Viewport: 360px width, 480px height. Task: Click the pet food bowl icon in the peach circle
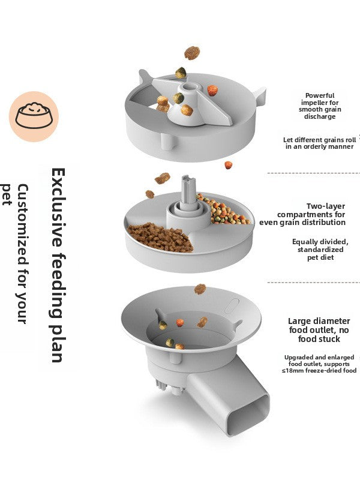[34, 116]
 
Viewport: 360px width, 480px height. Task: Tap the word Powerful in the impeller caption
[320, 95]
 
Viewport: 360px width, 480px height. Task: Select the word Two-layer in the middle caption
[326, 206]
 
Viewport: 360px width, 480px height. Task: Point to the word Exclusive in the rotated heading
[58, 207]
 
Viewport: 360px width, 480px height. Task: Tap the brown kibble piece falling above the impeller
[192, 53]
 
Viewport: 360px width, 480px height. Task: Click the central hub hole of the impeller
[187, 88]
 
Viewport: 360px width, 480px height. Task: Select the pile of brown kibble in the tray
[160, 238]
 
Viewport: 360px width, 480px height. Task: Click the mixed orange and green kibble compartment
[224, 209]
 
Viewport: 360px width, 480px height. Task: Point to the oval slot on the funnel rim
[232, 306]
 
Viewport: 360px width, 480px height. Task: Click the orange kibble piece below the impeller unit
[229, 165]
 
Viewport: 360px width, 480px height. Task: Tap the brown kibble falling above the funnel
[200, 289]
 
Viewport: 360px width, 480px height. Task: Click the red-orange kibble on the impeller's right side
[212, 91]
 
